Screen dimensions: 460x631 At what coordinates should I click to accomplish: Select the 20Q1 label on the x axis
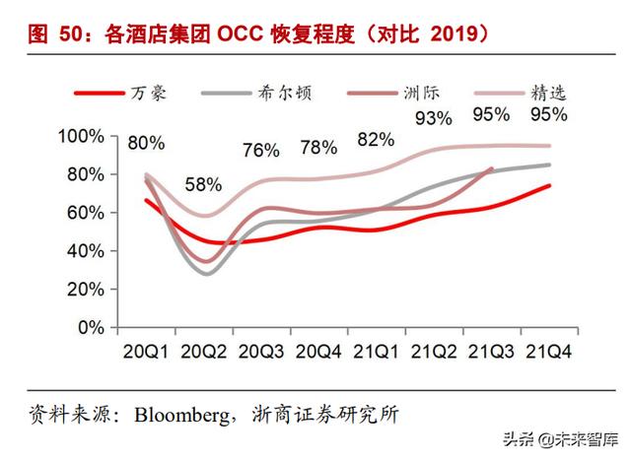click(145, 351)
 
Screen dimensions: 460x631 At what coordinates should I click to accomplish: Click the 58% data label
click(204, 184)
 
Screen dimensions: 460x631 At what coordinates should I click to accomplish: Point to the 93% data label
click(433, 119)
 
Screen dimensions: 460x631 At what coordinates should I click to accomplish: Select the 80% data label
click(147, 144)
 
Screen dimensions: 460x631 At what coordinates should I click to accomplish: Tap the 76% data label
click(261, 150)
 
